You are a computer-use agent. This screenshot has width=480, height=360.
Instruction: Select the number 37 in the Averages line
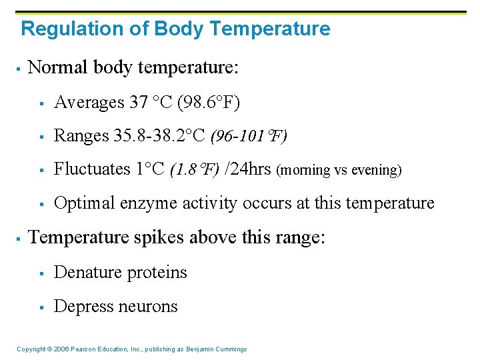[x=139, y=102]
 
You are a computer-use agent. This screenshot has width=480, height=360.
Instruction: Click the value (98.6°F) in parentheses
[x=207, y=102]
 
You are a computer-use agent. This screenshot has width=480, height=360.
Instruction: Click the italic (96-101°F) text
[x=249, y=137]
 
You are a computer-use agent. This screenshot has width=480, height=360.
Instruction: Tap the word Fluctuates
[x=93, y=169]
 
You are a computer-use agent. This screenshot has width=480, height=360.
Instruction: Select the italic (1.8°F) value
[x=194, y=170]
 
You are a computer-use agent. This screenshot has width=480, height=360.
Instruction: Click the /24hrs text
[x=247, y=169]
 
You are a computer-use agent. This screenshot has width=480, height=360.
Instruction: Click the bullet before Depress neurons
[x=41, y=307]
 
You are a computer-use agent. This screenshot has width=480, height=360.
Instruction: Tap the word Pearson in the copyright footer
[x=77, y=349]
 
